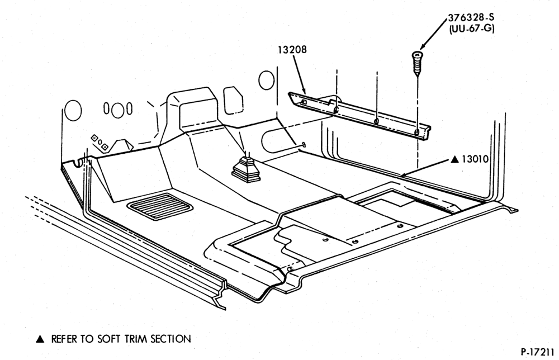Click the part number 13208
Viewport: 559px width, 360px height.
coord(292,50)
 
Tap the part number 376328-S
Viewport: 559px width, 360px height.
coord(471,17)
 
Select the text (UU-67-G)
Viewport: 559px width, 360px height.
coord(472,28)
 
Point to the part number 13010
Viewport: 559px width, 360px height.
coord(475,159)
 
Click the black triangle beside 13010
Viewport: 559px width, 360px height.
coord(454,159)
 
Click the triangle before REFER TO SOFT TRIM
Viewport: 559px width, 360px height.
coord(40,339)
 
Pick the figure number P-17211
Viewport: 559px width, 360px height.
coord(537,352)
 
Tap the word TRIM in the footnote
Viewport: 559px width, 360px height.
coord(137,339)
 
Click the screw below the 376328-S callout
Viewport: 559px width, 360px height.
coord(416,63)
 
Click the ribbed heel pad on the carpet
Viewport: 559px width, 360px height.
coord(160,206)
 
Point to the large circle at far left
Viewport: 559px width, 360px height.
coord(73,110)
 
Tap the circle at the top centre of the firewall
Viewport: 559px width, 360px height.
coord(266,80)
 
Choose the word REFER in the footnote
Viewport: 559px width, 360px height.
coord(64,339)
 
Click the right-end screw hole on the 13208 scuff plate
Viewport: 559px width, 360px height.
coord(416,132)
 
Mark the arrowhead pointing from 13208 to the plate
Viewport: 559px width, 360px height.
coord(304,91)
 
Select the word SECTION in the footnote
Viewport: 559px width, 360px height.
coord(170,339)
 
